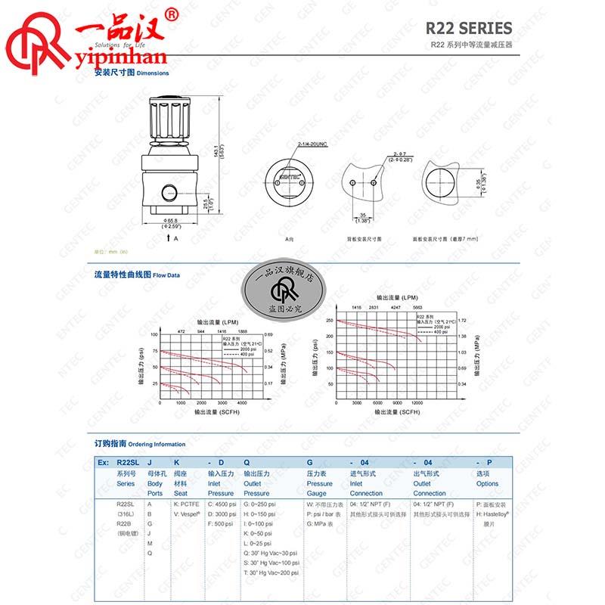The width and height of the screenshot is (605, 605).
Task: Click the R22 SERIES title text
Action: pos(469,29)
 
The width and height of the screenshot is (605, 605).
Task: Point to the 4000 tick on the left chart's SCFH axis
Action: pos(242,404)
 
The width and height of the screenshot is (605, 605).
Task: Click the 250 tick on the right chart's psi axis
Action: pos(328,321)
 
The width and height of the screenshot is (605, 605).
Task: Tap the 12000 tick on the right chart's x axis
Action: pos(417,404)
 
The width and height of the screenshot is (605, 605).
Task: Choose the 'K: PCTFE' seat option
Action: pos(187,504)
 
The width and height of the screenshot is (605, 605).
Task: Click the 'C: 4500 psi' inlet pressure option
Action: pos(221,504)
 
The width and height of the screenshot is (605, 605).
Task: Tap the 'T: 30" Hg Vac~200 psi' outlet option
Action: pos(271,572)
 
